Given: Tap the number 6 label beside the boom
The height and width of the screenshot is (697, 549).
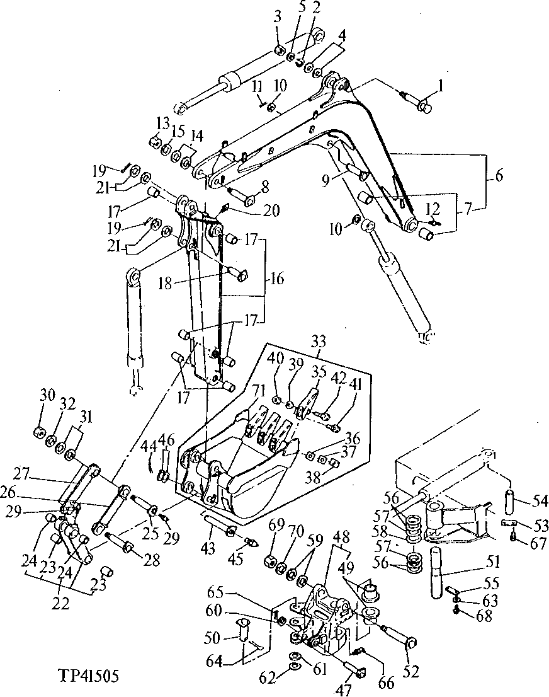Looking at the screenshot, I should point(497,178).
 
